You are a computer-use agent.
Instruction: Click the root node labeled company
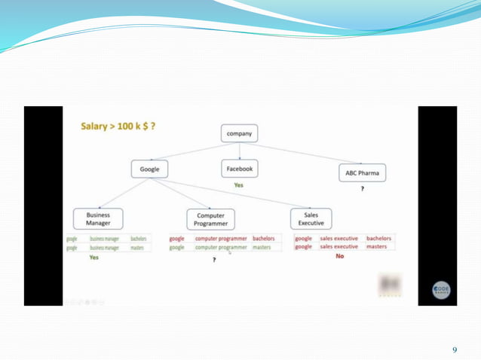pos(239,134)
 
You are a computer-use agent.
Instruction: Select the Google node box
pos(149,169)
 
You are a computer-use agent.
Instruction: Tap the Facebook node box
pos(239,169)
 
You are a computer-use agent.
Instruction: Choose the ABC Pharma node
pos(362,173)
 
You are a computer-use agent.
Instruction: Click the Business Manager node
pos(98,218)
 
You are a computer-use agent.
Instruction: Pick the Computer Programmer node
pos(210,219)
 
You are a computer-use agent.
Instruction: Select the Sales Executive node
pos(311,218)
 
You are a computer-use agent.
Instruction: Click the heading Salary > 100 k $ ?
pos(118,126)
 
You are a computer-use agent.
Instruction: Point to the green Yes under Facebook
pos(239,185)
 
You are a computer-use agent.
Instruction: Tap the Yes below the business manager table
pos(94,258)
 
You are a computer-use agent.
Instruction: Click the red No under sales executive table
pos(339,257)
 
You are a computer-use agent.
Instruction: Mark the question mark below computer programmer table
pos(214,260)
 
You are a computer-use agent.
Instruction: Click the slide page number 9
pos(455,349)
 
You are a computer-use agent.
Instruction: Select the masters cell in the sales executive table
pos(377,246)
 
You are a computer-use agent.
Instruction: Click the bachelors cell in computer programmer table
pos(264,238)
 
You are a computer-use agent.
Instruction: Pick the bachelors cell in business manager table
pos(139,238)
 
